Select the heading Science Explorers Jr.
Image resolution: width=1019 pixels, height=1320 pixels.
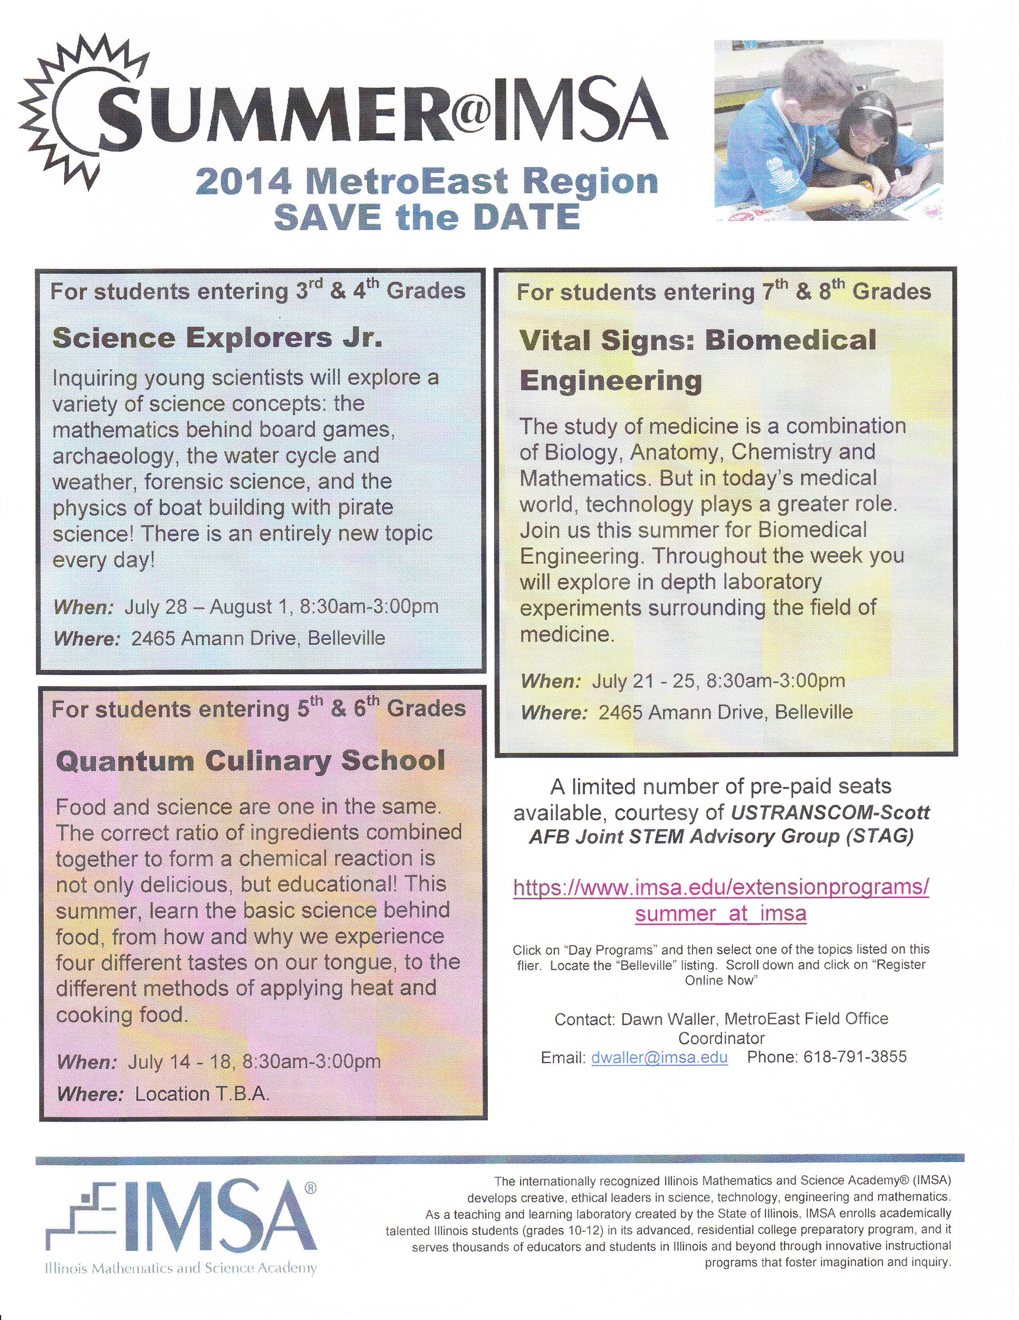point(217,337)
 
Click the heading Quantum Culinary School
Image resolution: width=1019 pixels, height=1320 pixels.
point(250,761)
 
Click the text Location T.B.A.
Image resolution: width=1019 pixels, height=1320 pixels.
point(202,1094)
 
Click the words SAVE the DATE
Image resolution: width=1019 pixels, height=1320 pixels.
point(427,218)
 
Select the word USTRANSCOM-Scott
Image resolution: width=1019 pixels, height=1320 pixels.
point(830,812)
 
